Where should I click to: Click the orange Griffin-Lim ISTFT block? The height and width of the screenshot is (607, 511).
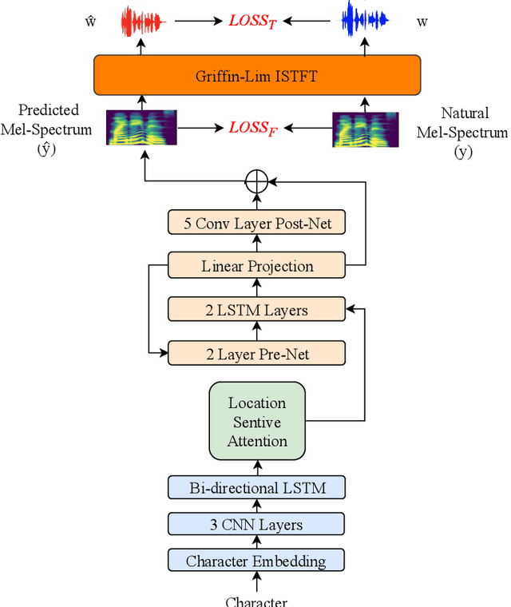(256, 76)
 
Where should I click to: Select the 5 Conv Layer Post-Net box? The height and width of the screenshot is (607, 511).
(256, 223)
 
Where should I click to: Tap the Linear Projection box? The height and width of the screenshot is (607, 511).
(256, 266)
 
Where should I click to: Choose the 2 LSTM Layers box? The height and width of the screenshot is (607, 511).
(256, 309)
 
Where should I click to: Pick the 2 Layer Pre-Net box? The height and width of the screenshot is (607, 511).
(256, 352)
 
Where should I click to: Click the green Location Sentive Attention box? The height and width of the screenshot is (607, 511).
(257, 421)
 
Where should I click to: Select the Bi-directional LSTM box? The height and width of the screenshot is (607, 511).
(256, 486)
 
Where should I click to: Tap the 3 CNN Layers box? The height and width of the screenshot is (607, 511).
(256, 524)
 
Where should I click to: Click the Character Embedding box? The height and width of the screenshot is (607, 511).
(256, 561)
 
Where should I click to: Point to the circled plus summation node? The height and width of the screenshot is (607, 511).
(255, 181)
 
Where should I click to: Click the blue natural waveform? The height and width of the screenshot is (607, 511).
(366, 21)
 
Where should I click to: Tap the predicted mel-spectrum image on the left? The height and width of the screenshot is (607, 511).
(141, 128)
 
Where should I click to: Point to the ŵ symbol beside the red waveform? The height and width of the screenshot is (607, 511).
(90, 22)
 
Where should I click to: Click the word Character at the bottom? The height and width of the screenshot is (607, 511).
(256, 601)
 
